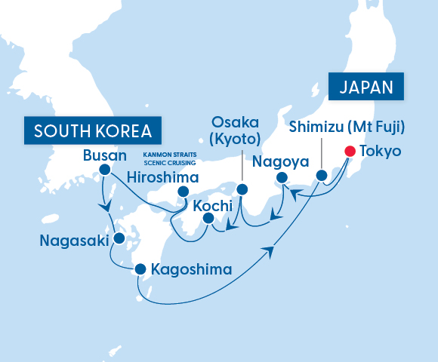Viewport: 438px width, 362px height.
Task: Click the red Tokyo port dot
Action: point(350,151)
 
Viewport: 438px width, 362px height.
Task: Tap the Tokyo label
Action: point(381,151)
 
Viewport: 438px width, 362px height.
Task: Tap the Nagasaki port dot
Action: point(119,238)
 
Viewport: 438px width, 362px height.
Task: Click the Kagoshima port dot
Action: point(140,268)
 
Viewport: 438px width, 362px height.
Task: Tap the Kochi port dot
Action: point(208,219)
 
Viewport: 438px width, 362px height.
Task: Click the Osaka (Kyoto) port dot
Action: point(242,190)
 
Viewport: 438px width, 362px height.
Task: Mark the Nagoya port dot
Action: point(282,178)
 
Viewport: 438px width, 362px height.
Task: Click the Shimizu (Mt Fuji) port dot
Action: point(322,176)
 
